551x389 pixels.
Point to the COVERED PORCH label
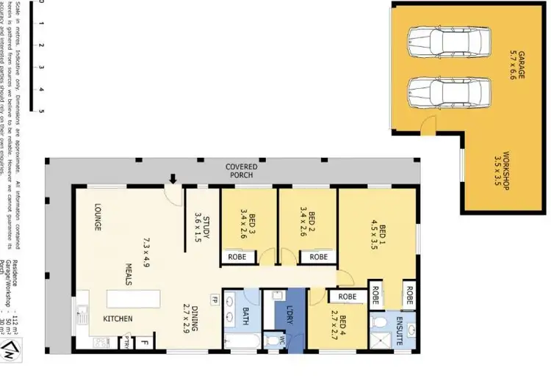[240, 171]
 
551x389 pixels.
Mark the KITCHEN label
[118, 319]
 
